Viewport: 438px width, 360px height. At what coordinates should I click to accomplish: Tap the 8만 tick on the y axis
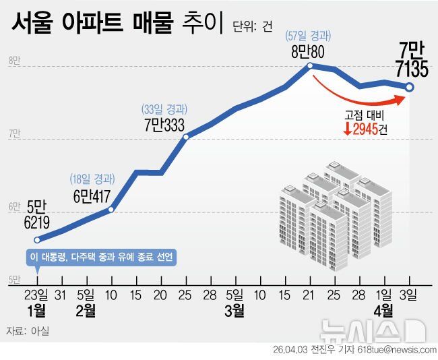pos(13,61)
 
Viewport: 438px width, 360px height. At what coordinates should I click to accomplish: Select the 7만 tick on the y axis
pos(13,134)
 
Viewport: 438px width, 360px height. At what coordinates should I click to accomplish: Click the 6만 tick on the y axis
pos(13,208)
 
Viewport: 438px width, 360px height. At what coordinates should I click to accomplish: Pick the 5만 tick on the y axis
pos(13,279)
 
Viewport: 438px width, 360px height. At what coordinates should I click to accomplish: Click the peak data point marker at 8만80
pos(310,66)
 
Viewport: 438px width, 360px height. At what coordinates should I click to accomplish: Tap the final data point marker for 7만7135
pos(409,87)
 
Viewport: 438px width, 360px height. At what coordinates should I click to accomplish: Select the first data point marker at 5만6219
pos(38,239)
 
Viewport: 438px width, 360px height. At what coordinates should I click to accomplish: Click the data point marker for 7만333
pos(186,137)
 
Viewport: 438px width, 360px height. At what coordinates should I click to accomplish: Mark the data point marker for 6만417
pos(111,210)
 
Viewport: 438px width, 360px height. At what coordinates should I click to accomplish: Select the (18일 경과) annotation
pos(92,179)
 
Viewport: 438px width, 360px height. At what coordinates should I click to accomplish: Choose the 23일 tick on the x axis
pos(38,295)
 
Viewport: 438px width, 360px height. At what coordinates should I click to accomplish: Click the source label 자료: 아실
pos(27,331)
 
